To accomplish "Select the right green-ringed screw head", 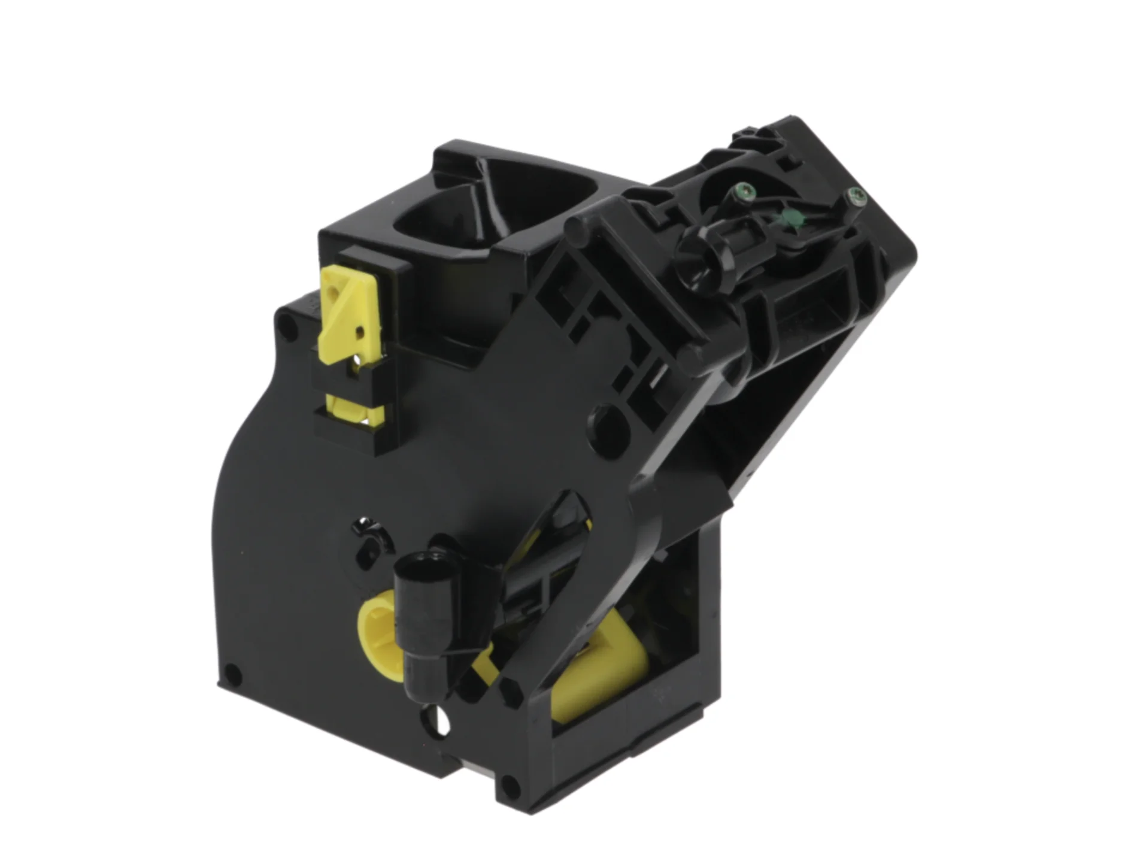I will pos(855,196).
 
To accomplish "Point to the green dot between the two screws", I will pos(795,219).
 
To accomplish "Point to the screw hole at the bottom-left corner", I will pos(232,675).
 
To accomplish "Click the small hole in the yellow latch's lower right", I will pos(360,331).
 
